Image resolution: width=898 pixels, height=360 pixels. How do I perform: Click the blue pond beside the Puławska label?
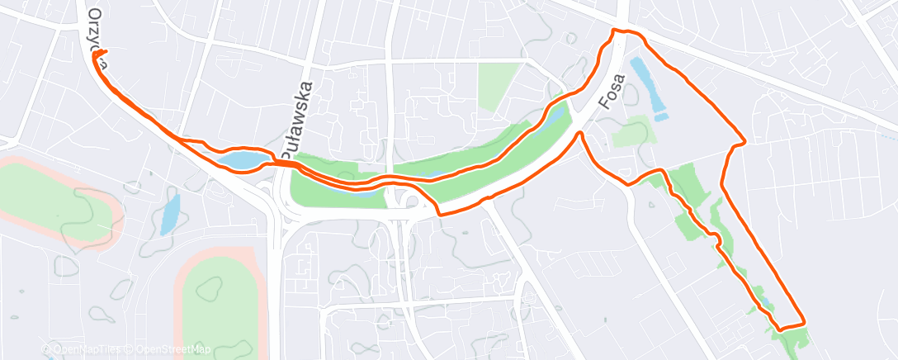244,159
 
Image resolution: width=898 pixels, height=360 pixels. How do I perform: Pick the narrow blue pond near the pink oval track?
170,214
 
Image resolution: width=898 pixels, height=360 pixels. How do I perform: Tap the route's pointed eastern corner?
744,142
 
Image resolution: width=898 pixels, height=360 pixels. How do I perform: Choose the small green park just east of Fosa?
632,132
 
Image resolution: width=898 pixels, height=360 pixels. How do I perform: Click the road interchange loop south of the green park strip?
402,199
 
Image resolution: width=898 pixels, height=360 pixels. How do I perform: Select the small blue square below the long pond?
661,118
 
